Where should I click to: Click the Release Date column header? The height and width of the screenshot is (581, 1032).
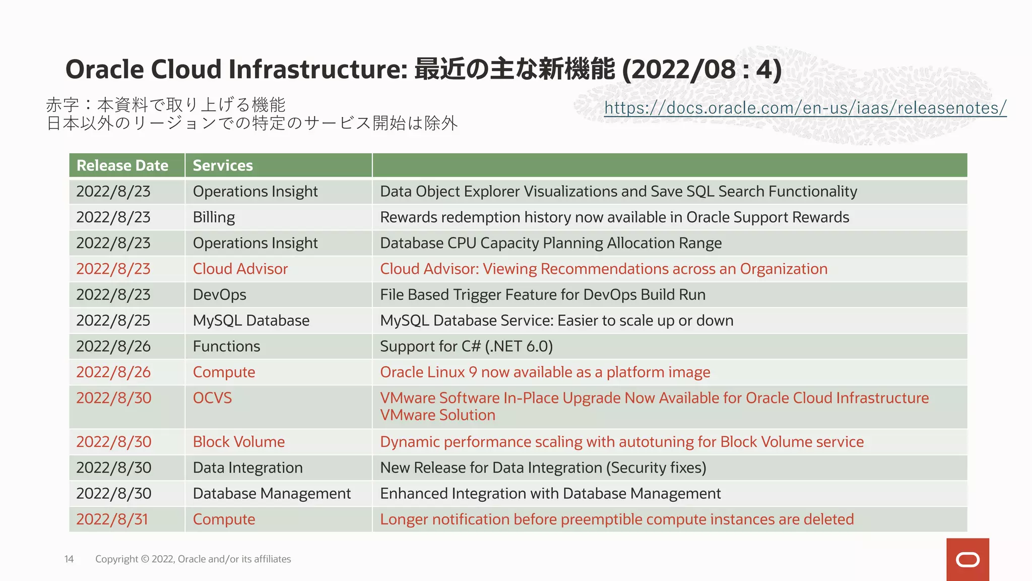(x=122, y=165)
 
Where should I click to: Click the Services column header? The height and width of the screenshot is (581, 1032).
(x=223, y=165)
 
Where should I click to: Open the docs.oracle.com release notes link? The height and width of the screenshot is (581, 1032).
(x=805, y=107)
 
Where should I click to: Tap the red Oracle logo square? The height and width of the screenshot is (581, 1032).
(x=967, y=559)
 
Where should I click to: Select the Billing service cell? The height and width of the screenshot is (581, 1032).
(x=214, y=217)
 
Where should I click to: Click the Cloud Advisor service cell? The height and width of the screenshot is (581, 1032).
(x=240, y=269)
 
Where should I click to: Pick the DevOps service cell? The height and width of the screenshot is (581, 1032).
(x=219, y=295)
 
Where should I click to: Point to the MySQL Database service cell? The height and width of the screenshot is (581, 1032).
(x=251, y=321)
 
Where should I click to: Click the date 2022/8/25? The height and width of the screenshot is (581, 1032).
(x=113, y=321)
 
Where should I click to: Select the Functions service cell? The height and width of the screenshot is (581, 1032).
(x=226, y=346)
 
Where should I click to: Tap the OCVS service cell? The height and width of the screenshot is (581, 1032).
(x=212, y=398)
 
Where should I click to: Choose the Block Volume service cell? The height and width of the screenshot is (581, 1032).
(x=238, y=442)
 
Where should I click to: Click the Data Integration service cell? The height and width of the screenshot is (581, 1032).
(x=247, y=468)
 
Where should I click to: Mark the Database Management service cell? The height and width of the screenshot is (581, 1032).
(x=272, y=493)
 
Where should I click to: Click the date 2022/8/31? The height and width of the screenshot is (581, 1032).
(x=112, y=519)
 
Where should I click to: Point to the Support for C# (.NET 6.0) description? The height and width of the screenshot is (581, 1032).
(x=466, y=346)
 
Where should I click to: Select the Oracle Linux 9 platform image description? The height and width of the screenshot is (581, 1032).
(x=545, y=372)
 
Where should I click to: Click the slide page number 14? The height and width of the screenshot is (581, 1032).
(x=69, y=559)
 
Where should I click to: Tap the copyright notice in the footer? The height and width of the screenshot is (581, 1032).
(x=193, y=559)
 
